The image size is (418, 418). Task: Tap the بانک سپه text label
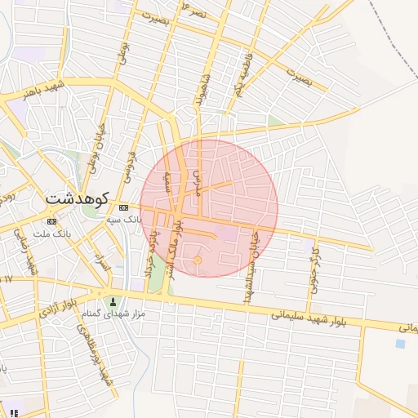(123, 220)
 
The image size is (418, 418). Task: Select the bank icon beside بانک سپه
(123, 208)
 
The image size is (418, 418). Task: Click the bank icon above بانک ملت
(51, 221)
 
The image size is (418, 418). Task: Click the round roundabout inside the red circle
(198, 260)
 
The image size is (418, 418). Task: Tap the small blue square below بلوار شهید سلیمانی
(400, 344)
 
